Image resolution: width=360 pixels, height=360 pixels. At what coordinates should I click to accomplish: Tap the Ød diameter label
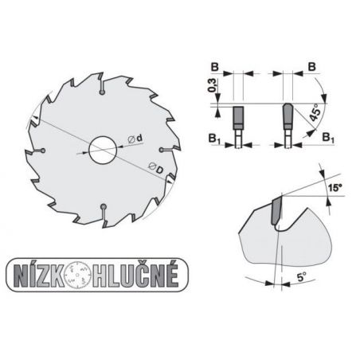[135, 139]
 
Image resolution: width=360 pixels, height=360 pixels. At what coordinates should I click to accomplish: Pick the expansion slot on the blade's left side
[44, 151]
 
